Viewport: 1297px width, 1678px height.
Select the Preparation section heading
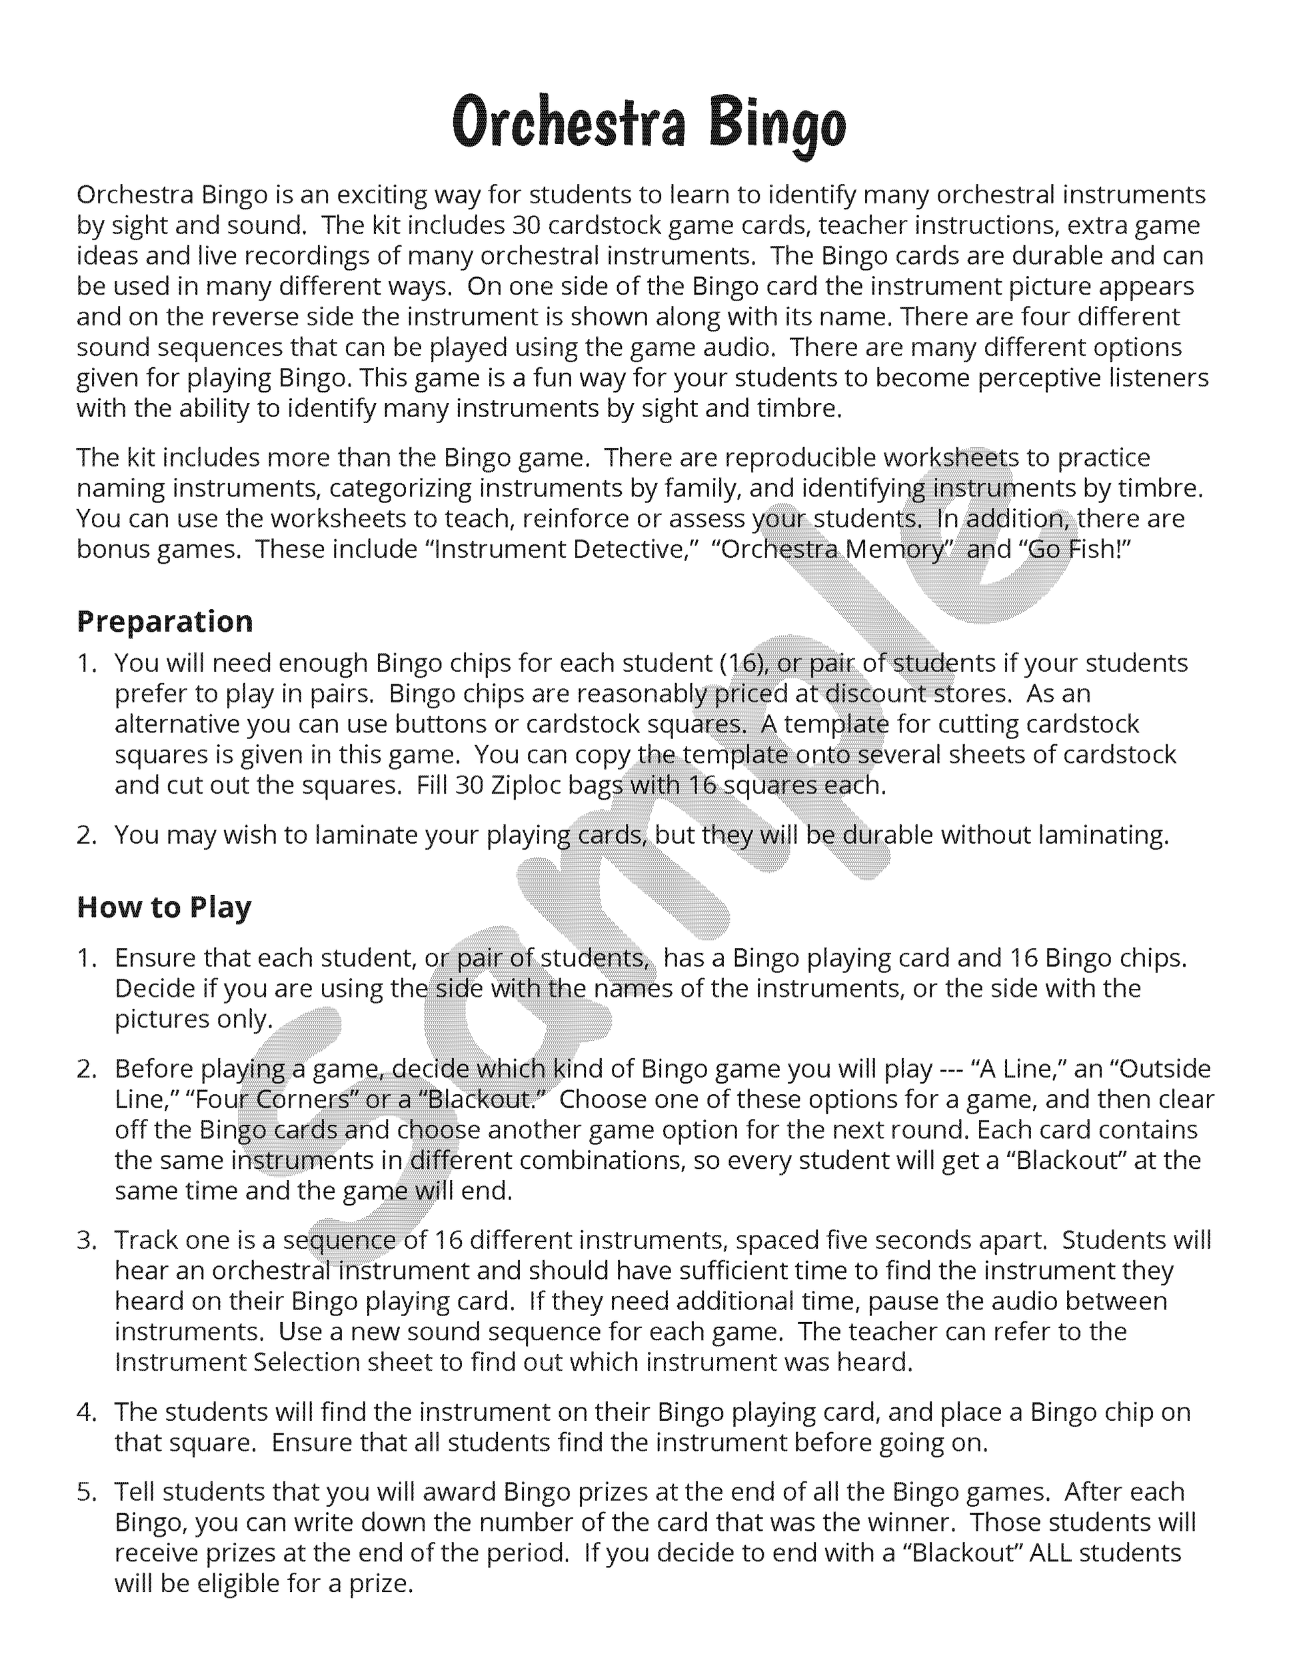tap(165, 621)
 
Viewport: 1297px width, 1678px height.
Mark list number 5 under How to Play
tap(86, 1491)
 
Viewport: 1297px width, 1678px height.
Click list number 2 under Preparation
tap(86, 834)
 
